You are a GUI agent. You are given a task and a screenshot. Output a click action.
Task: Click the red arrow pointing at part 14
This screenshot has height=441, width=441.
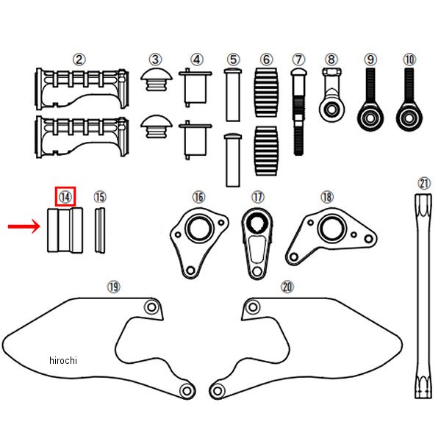pyautogui.click(x=24, y=226)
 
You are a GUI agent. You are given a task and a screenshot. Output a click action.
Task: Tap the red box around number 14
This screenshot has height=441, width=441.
pyautogui.click(x=66, y=196)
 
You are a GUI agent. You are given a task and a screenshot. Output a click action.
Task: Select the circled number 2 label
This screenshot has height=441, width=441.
pyautogui.click(x=79, y=59)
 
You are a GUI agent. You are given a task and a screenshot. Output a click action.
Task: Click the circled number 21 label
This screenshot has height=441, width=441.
pyautogui.click(x=424, y=183)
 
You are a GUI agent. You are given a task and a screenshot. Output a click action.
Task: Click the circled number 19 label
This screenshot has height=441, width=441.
pyautogui.click(x=112, y=286)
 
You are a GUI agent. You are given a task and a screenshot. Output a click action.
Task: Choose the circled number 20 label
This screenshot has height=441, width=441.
pyautogui.click(x=287, y=286)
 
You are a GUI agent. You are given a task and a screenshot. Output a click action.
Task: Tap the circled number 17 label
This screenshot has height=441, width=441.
pyautogui.click(x=257, y=196)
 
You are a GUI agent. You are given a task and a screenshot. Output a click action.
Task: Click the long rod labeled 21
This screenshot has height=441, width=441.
pyautogui.click(x=424, y=294)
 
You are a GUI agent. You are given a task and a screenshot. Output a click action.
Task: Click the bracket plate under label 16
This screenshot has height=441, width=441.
pyautogui.click(x=196, y=239)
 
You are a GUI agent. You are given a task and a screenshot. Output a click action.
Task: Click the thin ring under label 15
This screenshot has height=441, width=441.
pyautogui.click(x=100, y=231)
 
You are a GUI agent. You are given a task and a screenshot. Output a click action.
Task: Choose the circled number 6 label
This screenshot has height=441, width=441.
pyautogui.click(x=266, y=59)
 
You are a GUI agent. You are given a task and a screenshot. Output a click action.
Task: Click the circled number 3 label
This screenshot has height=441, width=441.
pyautogui.click(x=155, y=59)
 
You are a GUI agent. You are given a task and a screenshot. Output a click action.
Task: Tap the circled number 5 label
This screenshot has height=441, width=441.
pyautogui.click(x=233, y=59)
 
